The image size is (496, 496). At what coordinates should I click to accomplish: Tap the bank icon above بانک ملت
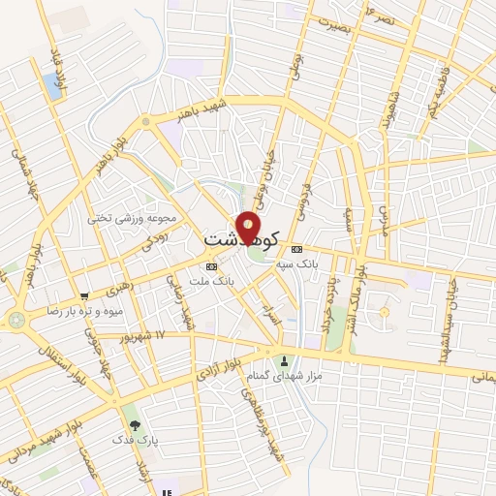point(212,265)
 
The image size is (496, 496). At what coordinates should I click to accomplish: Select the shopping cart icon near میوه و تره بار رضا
point(86,295)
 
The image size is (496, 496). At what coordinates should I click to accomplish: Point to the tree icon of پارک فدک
point(134,425)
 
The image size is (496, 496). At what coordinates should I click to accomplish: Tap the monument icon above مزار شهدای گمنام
point(284,361)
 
